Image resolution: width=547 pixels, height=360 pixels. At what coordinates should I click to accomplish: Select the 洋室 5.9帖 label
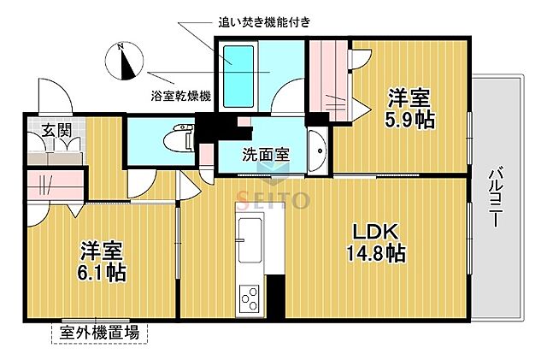pos(410,108)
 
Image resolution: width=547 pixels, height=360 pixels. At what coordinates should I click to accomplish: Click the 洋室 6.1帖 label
pos(103,262)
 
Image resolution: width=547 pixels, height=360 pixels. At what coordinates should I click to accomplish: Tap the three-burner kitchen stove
pos(252,298)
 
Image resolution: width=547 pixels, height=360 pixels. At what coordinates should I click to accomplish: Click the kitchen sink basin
pos(252,235)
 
